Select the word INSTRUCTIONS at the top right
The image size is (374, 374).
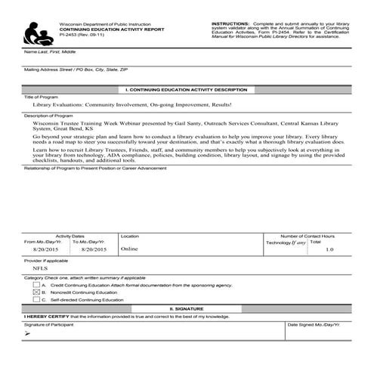pos(231,23)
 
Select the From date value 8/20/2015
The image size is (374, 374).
pos(46,249)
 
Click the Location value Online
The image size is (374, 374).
pos(129,248)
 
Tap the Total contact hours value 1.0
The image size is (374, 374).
pos(329,249)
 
